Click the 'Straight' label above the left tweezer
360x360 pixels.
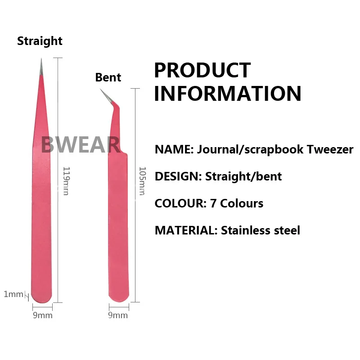coord(40,41)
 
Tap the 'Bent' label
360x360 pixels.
coord(108,77)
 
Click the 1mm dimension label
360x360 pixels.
coord(13,294)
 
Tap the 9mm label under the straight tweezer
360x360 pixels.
coord(43,315)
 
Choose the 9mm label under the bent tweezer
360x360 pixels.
coord(118,315)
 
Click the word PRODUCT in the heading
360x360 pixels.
coord(202,71)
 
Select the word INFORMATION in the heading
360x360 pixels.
coord(228,94)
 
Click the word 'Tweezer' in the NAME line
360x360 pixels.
coord(331,149)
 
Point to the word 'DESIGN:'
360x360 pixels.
coord(178,176)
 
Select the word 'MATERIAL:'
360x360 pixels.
coord(186,230)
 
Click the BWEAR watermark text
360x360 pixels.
coord(80,145)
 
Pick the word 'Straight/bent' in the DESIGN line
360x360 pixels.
coord(243,176)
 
